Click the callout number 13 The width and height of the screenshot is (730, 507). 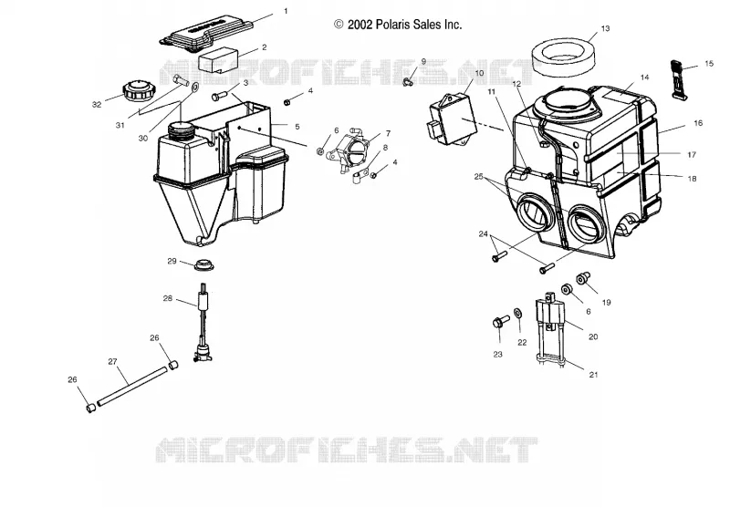(x=605, y=29)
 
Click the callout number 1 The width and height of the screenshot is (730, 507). (x=286, y=11)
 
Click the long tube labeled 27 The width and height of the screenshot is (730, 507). (x=131, y=386)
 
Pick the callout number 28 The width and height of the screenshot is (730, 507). (x=168, y=298)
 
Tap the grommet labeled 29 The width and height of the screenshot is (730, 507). (x=202, y=264)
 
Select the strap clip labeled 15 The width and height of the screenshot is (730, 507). (x=679, y=79)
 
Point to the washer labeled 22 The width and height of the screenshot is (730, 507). (x=517, y=313)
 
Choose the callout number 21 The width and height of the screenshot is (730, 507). (x=593, y=375)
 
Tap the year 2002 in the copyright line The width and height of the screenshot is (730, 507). (x=360, y=25)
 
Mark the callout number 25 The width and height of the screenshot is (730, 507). (x=479, y=177)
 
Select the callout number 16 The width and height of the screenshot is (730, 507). (x=698, y=123)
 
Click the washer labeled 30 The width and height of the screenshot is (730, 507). (x=194, y=86)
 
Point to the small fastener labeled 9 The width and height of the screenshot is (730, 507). (x=408, y=82)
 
